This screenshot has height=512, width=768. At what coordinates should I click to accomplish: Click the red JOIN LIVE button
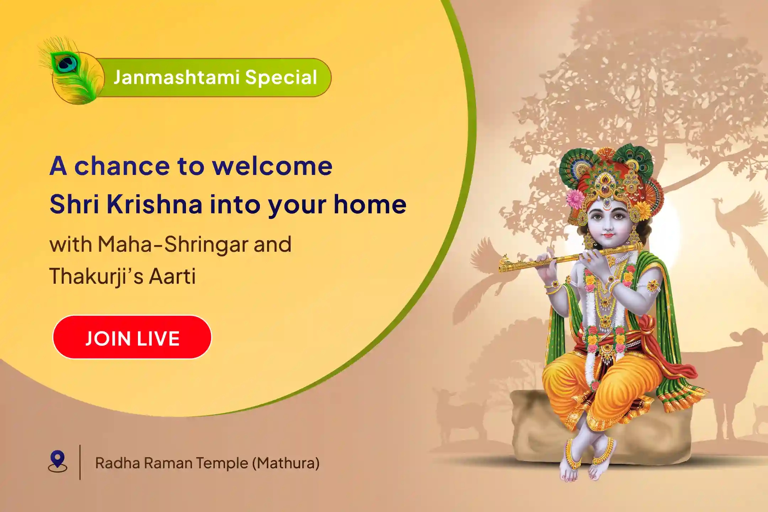point(132,337)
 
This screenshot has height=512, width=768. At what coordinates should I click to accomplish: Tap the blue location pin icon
point(58,461)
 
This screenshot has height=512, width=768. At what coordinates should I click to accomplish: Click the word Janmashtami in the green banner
point(176,77)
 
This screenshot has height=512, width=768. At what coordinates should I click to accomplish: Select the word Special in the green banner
point(281,78)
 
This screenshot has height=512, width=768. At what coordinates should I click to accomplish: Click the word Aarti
point(172,276)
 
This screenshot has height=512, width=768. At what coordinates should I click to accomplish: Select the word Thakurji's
point(96,277)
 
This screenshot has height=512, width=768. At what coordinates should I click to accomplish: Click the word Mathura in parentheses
point(286,463)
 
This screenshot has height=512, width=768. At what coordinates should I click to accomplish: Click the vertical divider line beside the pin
point(80,462)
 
